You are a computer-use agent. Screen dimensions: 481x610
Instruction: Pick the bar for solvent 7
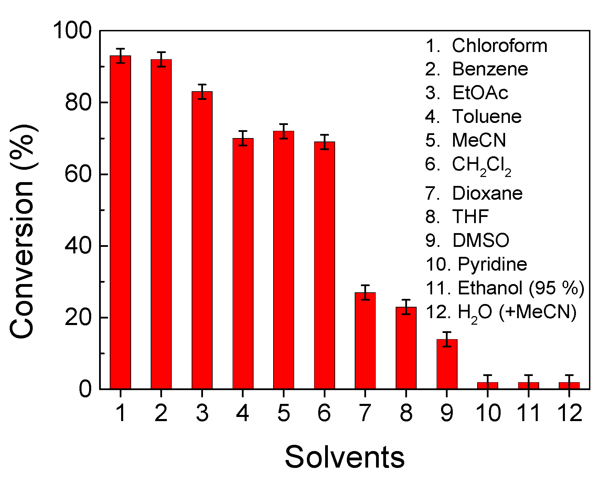pos(365,341)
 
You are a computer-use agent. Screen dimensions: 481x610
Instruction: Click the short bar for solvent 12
pos(569,386)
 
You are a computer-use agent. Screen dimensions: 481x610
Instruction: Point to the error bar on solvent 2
pos(161,59)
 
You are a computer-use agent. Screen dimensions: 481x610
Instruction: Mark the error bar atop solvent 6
pos(324,142)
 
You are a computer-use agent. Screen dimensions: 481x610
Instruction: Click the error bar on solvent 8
pos(406,307)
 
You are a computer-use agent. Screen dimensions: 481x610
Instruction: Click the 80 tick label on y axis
pos(78,103)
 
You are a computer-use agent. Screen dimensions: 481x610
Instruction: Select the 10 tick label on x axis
pos(488,413)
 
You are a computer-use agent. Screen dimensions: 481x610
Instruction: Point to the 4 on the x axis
pos(243,413)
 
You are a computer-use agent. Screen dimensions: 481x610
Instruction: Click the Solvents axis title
pos(344,457)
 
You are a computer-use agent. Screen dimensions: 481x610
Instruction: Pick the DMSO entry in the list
pos(480,240)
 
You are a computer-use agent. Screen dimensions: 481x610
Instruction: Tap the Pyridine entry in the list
pos(492,264)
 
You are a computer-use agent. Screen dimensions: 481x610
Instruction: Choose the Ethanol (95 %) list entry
pos(521,288)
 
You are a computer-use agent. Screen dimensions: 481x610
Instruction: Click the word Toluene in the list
pos(486,116)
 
